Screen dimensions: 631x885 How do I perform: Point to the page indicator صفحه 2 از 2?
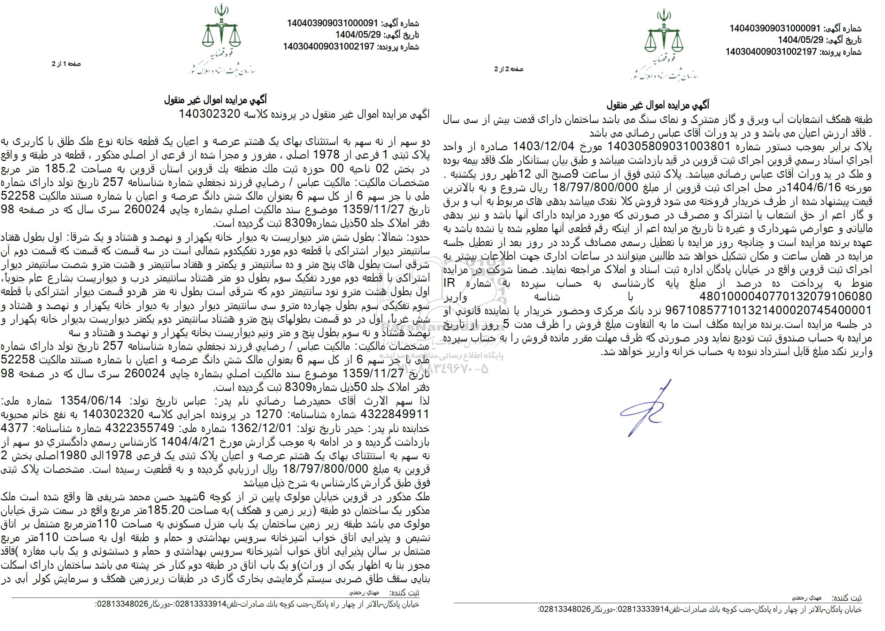click(x=509, y=69)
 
